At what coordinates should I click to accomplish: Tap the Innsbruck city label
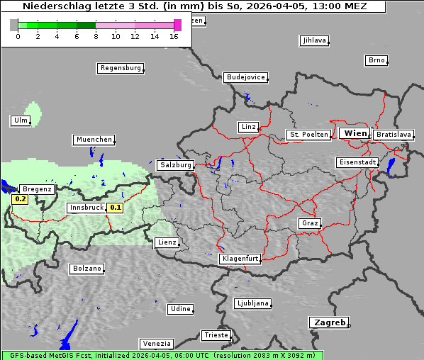(86, 208)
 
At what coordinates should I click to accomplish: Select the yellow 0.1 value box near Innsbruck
(114, 208)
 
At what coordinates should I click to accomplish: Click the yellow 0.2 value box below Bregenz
(21, 199)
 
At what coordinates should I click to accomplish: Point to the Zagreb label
(328, 322)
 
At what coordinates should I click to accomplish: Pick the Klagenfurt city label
(240, 259)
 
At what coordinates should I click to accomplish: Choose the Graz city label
(309, 223)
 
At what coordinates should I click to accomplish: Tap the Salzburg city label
(176, 165)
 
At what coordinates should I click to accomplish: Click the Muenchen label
(94, 140)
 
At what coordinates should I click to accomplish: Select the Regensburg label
(120, 68)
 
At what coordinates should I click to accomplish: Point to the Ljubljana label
(252, 303)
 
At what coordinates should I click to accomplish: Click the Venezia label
(156, 344)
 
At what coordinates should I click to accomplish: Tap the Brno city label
(376, 60)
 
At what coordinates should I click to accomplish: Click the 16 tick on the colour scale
(174, 35)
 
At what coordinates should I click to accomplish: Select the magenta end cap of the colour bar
(177, 25)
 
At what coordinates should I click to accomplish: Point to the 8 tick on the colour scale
(96, 35)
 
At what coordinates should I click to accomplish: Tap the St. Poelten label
(308, 134)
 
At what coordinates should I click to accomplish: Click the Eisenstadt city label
(357, 162)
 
